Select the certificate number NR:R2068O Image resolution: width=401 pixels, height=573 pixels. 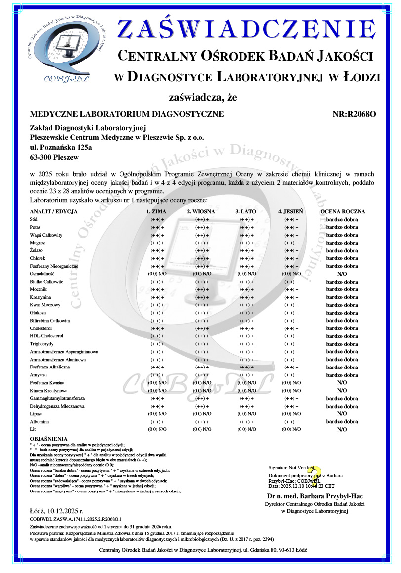(355, 114)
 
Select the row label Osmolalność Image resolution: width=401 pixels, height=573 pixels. (45, 274)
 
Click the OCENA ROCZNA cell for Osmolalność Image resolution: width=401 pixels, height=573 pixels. (342, 274)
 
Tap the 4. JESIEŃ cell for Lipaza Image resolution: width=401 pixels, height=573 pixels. (291, 414)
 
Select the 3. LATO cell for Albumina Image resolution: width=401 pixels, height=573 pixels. (246, 422)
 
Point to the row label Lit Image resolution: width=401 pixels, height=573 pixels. (33, 430)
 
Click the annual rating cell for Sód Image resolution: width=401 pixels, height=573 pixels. (342, 219)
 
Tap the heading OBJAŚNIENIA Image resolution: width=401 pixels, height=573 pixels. (48, 439)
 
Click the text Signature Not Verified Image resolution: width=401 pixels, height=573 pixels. (291, 467)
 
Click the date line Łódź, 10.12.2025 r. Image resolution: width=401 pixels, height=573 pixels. (57, 510)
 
